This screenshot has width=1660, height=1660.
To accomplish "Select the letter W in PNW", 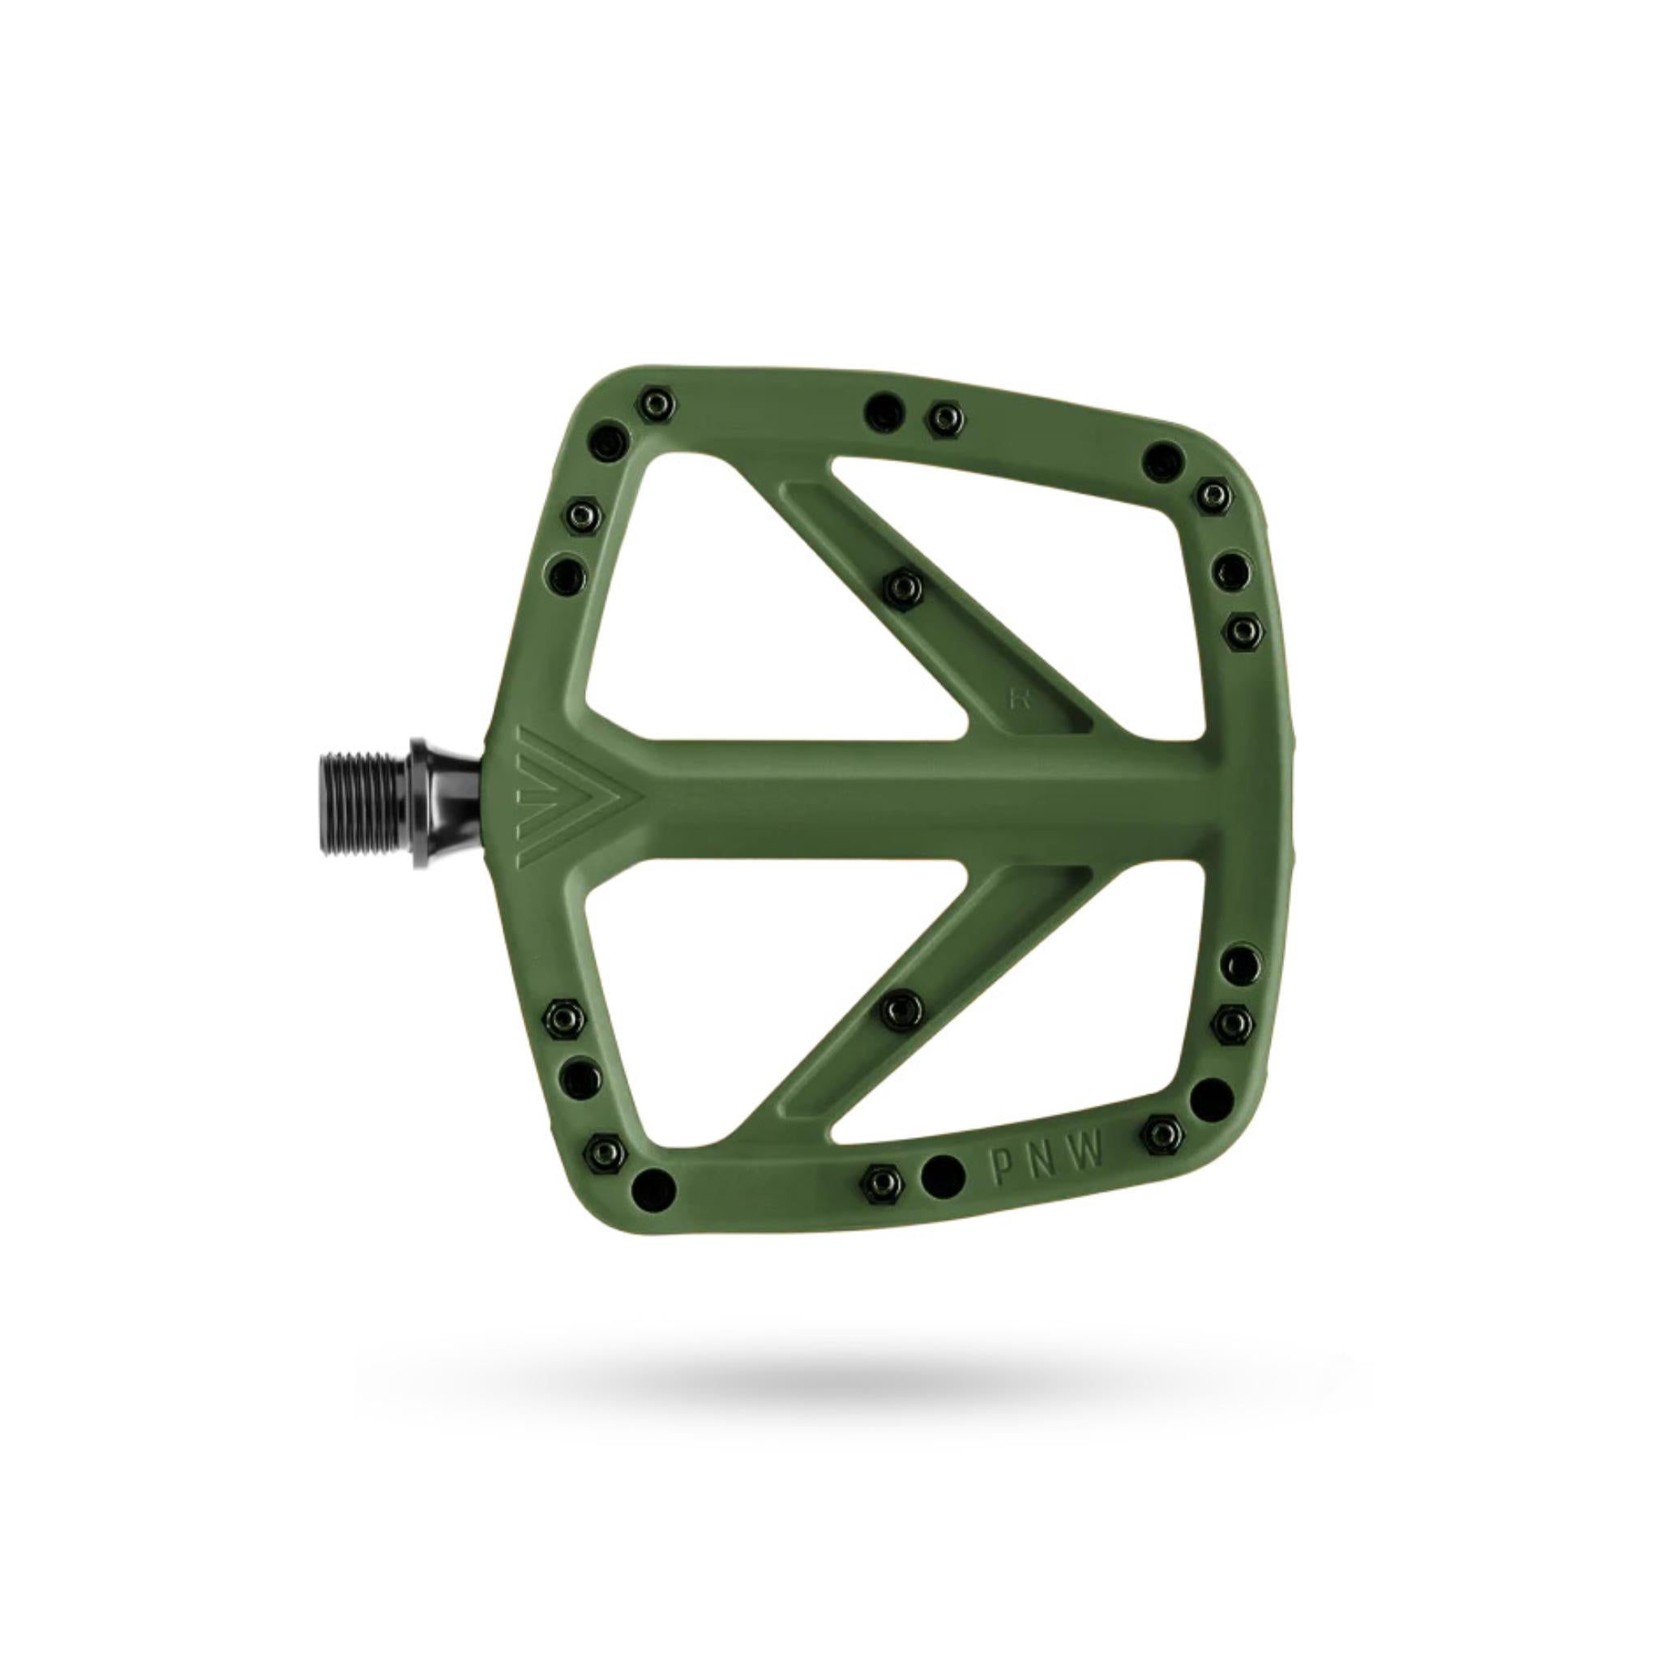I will point(1088,1156).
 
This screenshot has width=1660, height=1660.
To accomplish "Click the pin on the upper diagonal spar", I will point(903,587).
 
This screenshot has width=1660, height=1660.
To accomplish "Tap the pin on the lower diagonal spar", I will point(901,1003).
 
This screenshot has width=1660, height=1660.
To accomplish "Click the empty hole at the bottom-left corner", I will point(652,1188).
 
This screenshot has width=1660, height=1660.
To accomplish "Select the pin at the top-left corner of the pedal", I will point(657,402).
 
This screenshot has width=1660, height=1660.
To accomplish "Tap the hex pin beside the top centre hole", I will point(945,418).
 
